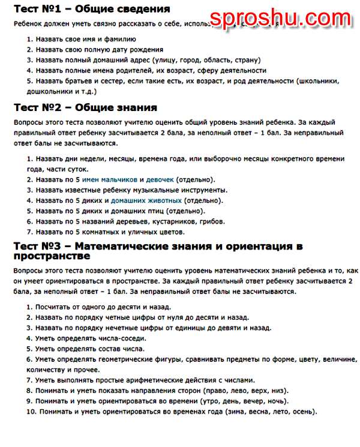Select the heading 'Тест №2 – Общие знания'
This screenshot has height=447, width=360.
pyautogui.click(x=85, y=107)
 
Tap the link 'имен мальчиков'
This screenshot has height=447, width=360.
pyautogui.click(x=109, y=179)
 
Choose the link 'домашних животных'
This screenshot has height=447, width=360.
pyautogui.click(x=146, y=200)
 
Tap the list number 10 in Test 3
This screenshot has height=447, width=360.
pyautogui.click(x=31, y=412)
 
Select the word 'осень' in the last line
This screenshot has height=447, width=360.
pyautogui.click(x=301, y=412)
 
